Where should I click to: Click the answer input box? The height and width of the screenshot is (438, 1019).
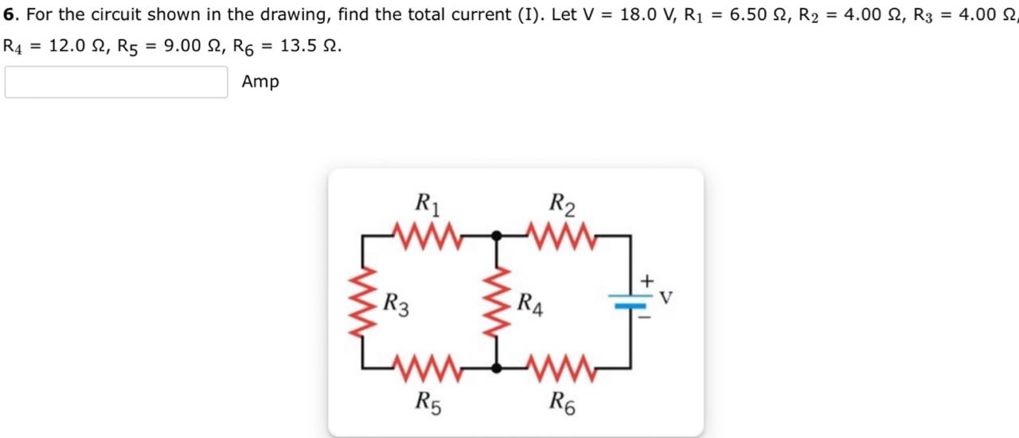116,82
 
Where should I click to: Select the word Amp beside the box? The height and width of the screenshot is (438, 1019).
260,81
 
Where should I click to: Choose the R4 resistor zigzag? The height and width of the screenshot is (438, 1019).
497,302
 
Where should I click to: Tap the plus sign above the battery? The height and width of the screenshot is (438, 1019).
647,280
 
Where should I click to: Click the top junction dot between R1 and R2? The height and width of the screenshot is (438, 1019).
497,236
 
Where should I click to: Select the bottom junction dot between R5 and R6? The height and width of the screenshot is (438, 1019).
497,368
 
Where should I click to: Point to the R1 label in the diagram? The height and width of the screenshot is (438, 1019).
428,204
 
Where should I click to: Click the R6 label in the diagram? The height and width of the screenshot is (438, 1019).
563,403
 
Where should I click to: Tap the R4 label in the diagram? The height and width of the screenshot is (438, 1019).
530,304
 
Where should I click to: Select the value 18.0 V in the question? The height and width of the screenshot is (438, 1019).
644,14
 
